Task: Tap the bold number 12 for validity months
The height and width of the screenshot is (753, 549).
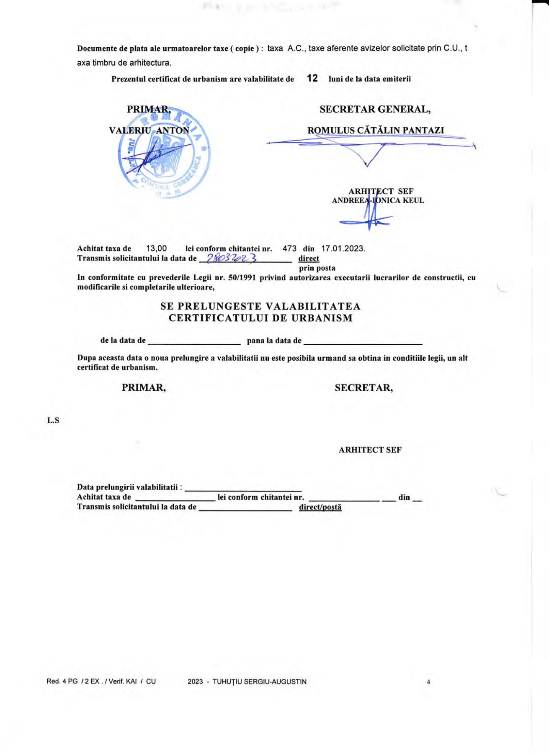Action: tap(312, 78)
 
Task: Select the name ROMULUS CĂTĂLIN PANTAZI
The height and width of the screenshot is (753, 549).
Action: tap(376, 131)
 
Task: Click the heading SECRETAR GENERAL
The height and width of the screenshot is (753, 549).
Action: tap(375, 110)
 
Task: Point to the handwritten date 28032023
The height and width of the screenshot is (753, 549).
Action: tap(232, 259)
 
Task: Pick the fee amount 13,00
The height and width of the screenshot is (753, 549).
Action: tap(156, 248)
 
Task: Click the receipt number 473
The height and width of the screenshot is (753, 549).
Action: tap(289, 248)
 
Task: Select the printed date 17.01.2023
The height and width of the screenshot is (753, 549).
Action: tap(343, 248)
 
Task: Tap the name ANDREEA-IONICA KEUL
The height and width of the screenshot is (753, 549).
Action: tap(378, 200)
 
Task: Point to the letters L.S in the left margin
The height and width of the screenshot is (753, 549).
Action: tap(53, 420)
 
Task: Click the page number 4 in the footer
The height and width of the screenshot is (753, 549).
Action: tap(428, 682)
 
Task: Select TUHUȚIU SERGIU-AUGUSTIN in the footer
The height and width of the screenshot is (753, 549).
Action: tap(259, 682)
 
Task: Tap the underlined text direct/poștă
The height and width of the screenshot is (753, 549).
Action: tap(320, 507)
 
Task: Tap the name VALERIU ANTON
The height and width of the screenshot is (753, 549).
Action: tap(149, 131)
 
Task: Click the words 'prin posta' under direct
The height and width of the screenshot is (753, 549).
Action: tap(317, 268)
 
